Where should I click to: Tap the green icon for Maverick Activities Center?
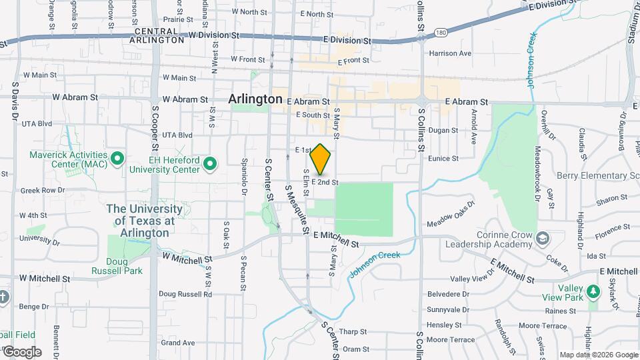[118, 159]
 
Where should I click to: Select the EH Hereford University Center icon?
[211, 163]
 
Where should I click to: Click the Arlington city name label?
[255, 99]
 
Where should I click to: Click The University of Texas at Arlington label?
[141, 221]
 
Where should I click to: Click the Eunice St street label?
[443, 159]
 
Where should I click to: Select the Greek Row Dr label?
[42, 190]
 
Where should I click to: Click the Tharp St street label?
[353, 331]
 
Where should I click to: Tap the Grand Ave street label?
[177, 343]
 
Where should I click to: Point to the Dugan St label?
[443, 131]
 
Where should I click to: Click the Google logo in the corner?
[21, 352]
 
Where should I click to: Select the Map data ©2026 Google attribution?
[598, 355]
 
